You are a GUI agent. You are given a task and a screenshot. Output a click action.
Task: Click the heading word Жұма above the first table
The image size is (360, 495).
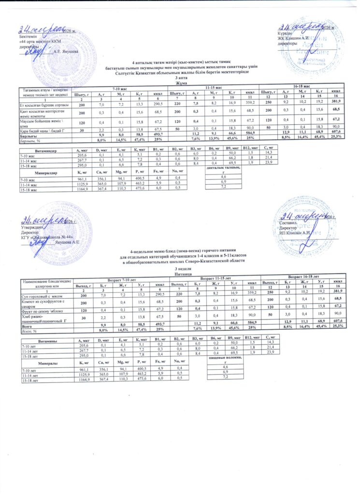[180, 82]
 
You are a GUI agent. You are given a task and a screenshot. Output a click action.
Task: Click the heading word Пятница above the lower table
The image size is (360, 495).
[180, 273]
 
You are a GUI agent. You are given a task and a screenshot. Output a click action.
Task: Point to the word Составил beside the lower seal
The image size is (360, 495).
[290, 223]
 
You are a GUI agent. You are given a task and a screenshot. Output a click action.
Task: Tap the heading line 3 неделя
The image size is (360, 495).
[180, 269]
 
